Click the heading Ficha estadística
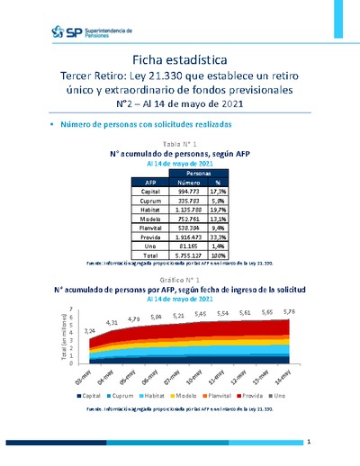pyautogui.click(x=180, y=58)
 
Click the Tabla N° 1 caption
pyautogui.click(x=180, y=145)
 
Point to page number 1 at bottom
pyautogui.click(x=308, y=443)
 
